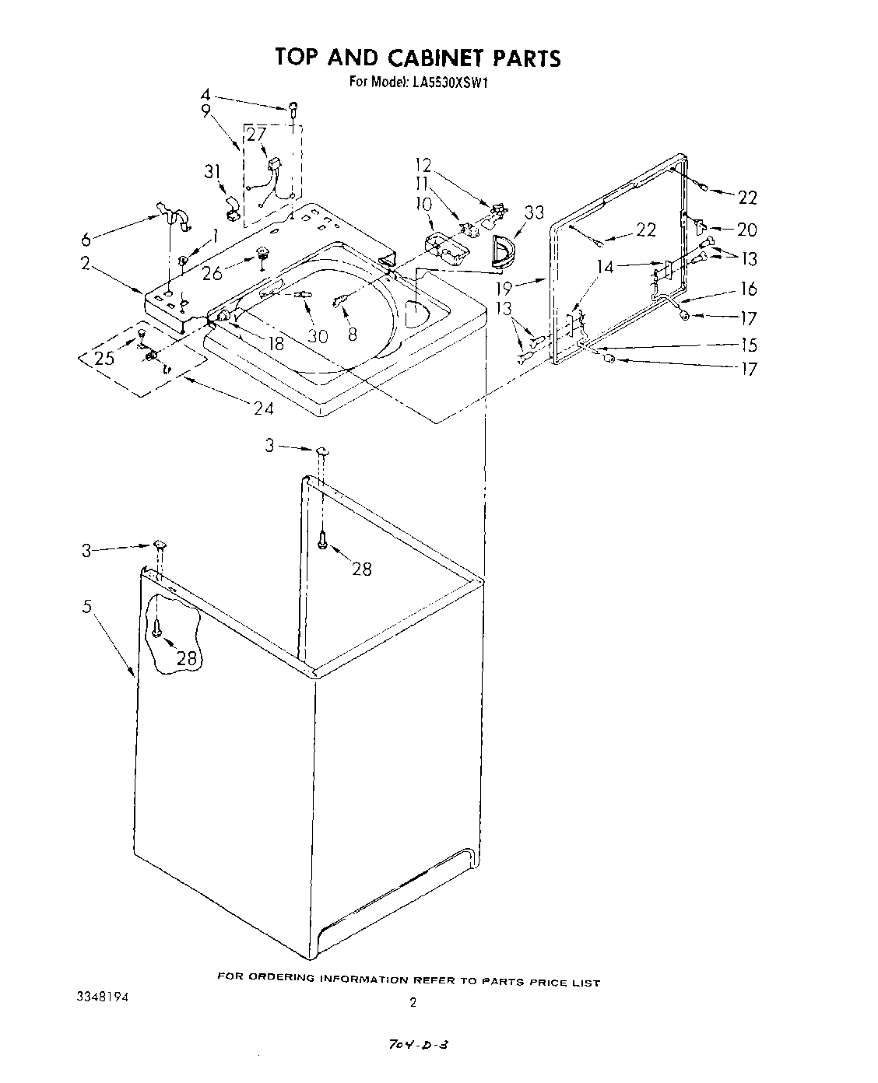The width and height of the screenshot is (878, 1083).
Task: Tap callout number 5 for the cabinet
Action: pos(88,606)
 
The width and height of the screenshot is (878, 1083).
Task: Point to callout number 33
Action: pos(534,212)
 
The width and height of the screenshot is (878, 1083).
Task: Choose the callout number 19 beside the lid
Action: pos(504,288)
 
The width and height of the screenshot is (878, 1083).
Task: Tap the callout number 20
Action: pos(746,230)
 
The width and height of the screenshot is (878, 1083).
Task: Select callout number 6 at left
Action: pos(86,239)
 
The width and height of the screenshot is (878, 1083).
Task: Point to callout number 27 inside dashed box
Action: pos(257,134)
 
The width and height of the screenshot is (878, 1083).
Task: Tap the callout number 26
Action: pos(212,272)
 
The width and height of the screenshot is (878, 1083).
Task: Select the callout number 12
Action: pos(423,165)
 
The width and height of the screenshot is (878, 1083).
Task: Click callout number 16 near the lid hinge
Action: pos(747,289)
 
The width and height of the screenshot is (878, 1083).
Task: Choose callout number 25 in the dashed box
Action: pos(104,357)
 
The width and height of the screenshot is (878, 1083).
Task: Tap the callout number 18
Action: pos(276,342)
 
